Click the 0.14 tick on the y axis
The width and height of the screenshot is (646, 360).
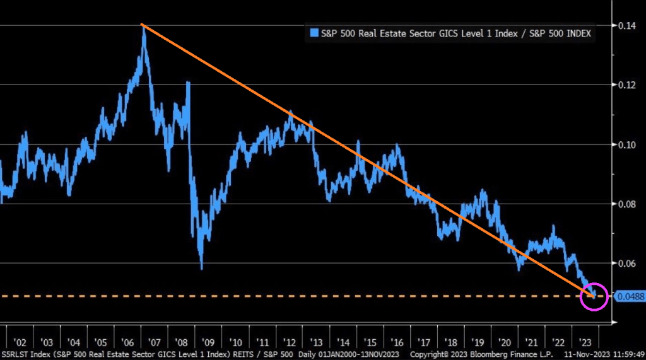point(627,25)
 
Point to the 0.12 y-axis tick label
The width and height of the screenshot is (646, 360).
point(627,85)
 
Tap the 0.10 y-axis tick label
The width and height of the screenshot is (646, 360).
point(627,144)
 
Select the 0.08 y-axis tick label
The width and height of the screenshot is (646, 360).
point(627,204)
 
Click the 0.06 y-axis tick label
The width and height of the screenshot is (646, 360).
point(627,263)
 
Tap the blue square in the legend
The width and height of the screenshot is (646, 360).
point(314,33)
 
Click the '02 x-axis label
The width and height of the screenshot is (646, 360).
point(20,342)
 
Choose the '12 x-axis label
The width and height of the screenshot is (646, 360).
point(290,342)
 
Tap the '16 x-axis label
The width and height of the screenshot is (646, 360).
point(397,342)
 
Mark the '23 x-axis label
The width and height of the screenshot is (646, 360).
point(585,342)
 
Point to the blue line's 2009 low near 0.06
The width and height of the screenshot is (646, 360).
point(201,267)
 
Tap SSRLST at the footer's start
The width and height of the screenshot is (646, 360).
point(13,354)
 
